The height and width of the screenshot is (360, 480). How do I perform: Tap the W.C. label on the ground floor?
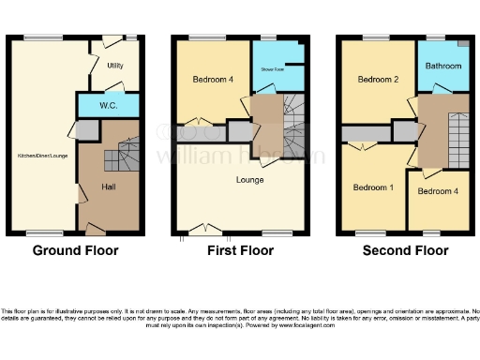tap(108, 106)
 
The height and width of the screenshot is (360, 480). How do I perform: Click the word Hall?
tap(109, 187)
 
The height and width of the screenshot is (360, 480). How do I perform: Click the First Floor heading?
tap(240, 250)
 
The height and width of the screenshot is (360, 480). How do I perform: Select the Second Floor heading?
tap(405, 250)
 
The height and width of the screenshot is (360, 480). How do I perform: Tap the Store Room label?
tap(272, 69)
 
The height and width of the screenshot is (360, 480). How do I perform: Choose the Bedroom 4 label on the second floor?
tap(437, 192)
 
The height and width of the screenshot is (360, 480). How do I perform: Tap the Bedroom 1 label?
tap(372, 187)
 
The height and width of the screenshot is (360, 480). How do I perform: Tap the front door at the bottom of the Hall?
tap(94, 229)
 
